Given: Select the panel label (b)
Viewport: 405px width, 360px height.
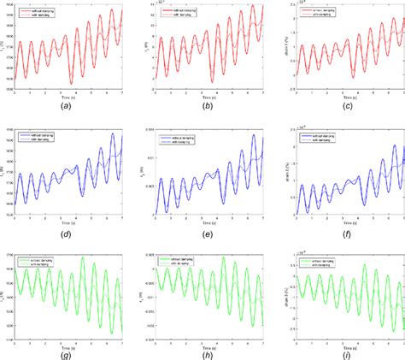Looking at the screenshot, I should [x=201, y=109].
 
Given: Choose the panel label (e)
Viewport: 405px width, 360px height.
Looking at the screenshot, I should [x=201, y=231].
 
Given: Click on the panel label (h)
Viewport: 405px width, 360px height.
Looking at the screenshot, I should [x=201, y=352].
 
